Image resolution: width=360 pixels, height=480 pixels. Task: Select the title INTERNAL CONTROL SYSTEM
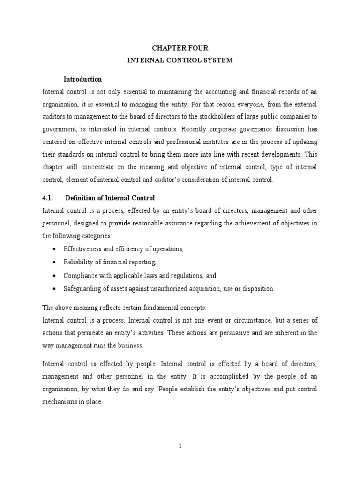coord(180,60)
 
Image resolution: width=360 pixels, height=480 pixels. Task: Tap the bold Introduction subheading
coord(83,79)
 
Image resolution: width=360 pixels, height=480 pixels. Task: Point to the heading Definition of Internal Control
coord(110,198)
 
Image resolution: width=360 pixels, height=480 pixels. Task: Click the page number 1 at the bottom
coord(180,446)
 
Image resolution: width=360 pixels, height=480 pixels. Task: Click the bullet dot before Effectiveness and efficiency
coord(55,249)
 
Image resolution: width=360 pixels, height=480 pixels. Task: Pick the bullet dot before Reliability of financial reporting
coord(55,262)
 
